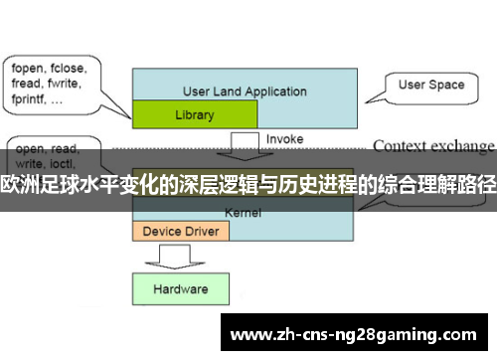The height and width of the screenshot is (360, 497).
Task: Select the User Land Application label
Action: pyautogui.click(x=245, y=91)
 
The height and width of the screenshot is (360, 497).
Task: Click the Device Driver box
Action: pyautogui.click(x=181, y=231)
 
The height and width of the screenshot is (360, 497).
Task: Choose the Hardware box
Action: pyautogui.click(x=180, y=289)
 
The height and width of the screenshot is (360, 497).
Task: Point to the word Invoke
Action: pyautogui.click(x=285, y=139)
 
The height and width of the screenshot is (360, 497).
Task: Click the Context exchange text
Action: pyautogui.click(x=432, y=145)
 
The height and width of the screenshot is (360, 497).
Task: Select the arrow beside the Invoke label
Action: pyautogui.click(x=243, y=146)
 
